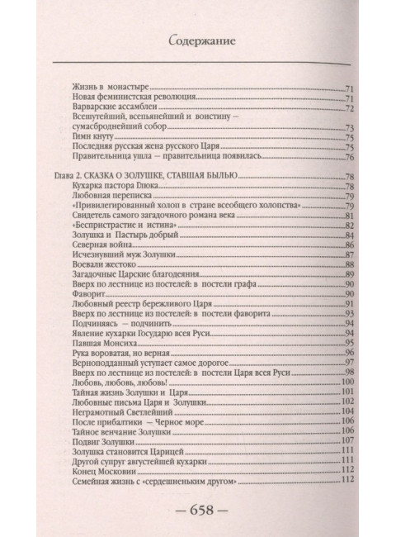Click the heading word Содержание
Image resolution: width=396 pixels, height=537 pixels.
pyautogui.click(x=197, y=38)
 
